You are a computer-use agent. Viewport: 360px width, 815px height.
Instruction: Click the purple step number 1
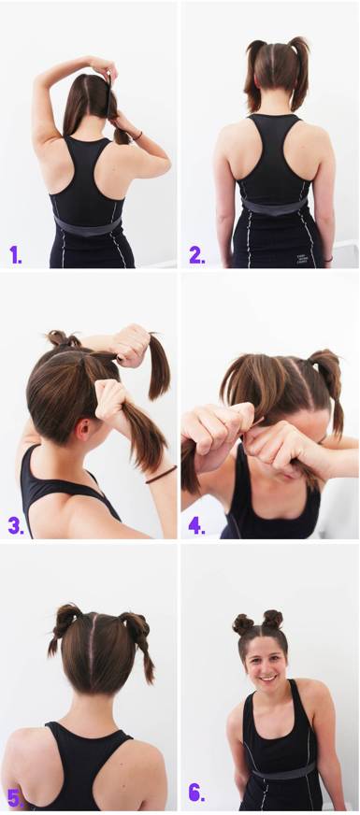15,254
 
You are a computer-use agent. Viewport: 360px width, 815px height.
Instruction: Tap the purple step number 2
196,254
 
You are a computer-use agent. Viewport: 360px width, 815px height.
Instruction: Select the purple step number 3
16,525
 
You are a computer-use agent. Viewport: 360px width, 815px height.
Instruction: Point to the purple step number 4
196,525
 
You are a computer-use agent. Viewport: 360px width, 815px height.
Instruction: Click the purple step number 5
15,795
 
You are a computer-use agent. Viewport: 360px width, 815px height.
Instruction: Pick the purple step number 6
196,794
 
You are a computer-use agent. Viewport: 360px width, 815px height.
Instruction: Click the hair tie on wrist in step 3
161,474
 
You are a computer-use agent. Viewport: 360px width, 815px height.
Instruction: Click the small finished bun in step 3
62,338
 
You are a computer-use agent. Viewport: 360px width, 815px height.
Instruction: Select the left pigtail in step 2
255,75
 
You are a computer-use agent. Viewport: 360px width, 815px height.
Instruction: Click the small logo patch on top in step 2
302,259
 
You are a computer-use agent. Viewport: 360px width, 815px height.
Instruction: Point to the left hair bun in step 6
243,623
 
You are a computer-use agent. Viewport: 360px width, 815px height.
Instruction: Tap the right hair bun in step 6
272,620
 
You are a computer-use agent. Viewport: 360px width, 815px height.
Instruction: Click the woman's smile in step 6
267,678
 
